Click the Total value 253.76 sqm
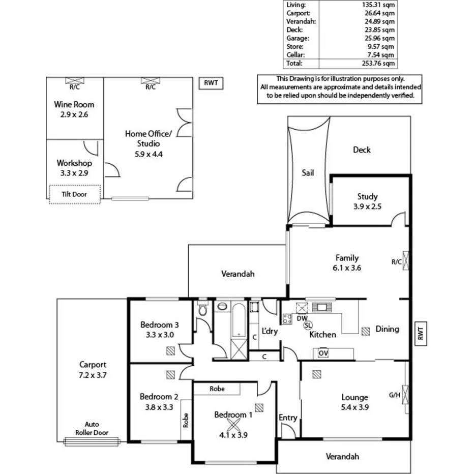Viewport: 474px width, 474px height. coord(381,64)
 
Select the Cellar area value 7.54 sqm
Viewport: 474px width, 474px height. coord(381,55)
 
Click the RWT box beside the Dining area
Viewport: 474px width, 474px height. coord(420,334)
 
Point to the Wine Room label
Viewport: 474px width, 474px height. coord(74,104)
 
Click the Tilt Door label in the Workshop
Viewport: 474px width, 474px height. coord(75,194)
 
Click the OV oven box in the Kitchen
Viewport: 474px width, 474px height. coord(323,353)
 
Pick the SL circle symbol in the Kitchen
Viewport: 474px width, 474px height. coord(307,325)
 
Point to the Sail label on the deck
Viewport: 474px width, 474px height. coord(308,173)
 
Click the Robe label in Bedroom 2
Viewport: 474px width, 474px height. coord(186,420)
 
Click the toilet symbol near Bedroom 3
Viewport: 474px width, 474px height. coord(202,310)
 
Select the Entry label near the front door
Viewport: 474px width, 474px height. coord(288,418)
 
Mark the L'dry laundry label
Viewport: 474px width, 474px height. coord(269,332)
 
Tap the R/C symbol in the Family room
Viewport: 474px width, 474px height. coord(405,262)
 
